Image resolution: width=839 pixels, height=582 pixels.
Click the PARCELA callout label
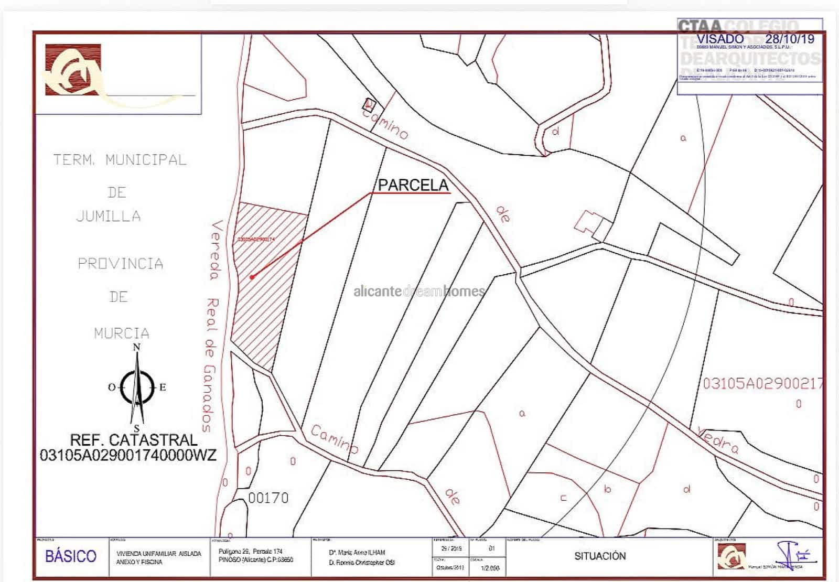[413, 185]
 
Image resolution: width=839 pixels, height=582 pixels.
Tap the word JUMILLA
[109, 216]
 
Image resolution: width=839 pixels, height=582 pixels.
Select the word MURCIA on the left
[122, 333]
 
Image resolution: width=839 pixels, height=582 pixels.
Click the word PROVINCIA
[121, 263]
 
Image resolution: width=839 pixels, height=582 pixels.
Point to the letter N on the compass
[137, 347]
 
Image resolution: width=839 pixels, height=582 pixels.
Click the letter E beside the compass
[163, 387]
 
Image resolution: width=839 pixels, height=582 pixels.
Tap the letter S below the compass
[137, 428]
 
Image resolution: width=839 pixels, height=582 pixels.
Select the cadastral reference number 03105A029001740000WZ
[128, 455]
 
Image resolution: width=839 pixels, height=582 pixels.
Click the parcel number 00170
[268, 498]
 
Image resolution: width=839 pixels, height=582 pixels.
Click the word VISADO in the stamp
[720, 39]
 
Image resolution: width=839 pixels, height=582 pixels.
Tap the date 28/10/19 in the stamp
[790, 39]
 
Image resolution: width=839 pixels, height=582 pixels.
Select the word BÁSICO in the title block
[71, 556]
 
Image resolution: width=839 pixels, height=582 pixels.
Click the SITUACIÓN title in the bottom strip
[600, 556]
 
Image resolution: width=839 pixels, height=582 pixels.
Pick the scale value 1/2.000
[490, 568]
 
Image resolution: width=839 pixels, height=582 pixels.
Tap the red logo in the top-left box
[73, 70]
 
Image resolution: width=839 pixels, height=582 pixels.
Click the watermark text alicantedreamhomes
[419, 291]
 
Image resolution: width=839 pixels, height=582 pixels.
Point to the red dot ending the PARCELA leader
[252, 277]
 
